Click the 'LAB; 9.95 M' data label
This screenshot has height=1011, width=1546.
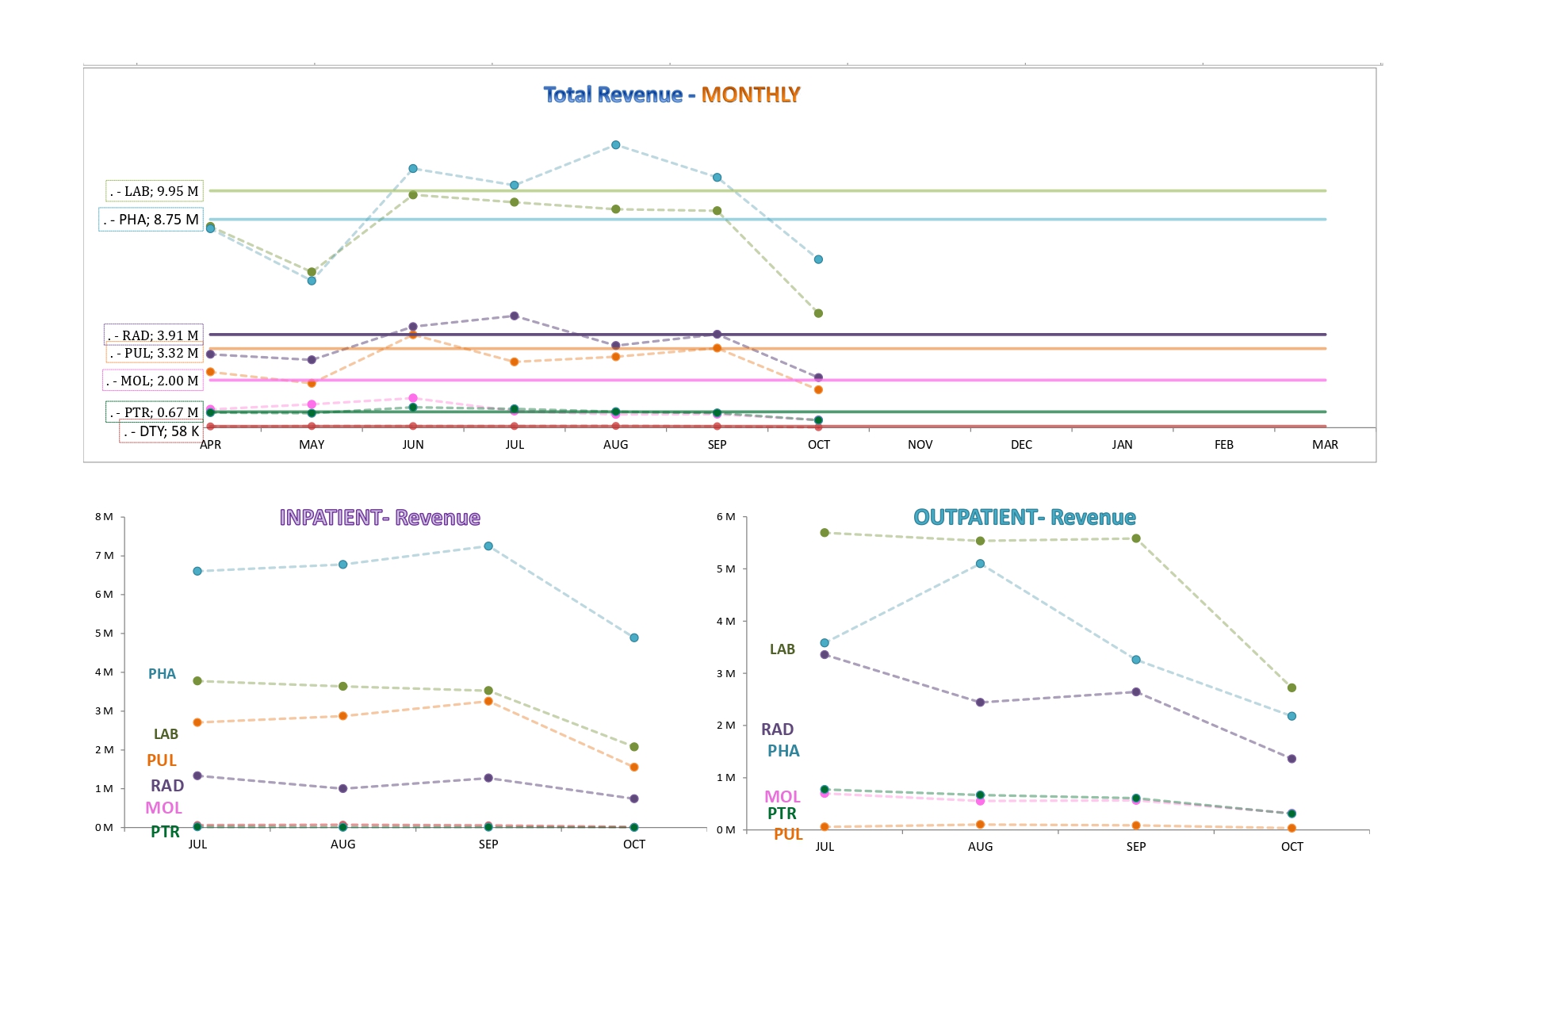(155, 191)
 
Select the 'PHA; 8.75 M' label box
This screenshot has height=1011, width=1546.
(151, 220)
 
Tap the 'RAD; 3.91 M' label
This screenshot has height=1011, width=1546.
(154, 335)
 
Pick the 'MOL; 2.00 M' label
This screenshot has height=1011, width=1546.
(153, 381)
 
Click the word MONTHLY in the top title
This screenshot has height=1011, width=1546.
(750, 95)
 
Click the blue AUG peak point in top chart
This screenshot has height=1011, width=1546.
(616, 145)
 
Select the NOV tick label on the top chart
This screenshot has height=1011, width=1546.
(920, 445)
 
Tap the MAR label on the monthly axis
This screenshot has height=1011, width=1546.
(1325, 445)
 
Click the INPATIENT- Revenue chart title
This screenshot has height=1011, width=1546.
(380, 518)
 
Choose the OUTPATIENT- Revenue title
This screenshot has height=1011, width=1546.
(1024, 518)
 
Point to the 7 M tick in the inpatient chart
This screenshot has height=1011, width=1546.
(104, 556)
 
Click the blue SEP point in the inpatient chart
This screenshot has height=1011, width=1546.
(488, 546)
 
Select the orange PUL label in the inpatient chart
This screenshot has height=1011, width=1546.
(162, 760)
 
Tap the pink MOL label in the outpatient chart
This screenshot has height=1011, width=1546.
(782, 797)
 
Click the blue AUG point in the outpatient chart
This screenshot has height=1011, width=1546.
(981, 564)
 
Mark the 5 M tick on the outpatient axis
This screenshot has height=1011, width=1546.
(725, 569)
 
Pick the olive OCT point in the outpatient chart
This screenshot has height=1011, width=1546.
(1292, 688)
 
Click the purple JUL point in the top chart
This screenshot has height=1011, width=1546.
(515, 316)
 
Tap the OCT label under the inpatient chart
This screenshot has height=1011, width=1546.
(634, 844)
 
